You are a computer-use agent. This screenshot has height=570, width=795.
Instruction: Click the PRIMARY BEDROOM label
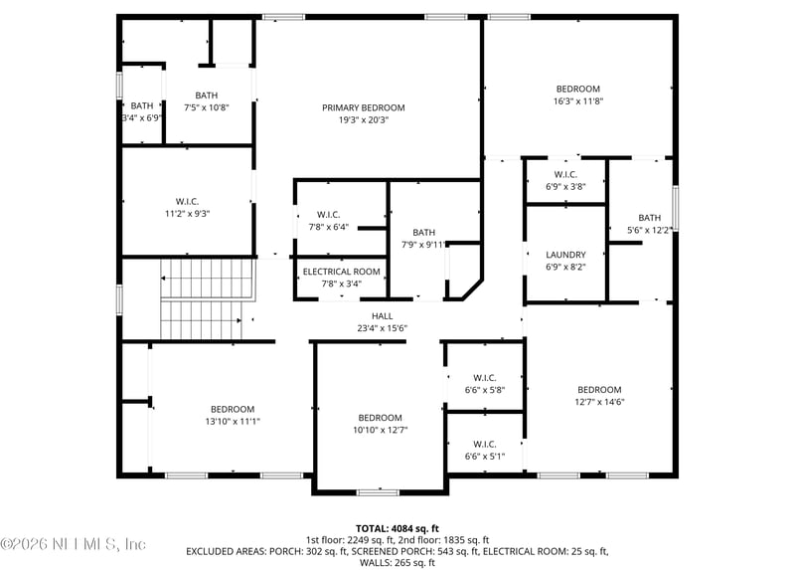tap(363, 107)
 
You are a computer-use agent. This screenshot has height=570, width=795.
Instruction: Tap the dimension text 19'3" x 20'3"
tap(363, 119)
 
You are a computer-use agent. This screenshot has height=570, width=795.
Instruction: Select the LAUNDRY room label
tap(565, 255)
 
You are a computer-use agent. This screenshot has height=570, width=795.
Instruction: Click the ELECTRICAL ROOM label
tap(341, 272)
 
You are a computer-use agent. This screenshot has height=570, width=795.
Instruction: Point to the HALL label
tap(383, 316)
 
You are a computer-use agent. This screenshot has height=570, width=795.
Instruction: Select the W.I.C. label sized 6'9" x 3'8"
tap(565, 175)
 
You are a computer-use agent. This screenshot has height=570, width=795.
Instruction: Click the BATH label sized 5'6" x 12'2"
tap(649, 218)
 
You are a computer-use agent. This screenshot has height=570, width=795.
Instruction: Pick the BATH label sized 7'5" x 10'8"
tap(206, 95)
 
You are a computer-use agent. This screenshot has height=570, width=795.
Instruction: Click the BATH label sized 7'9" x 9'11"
tap(424, 232)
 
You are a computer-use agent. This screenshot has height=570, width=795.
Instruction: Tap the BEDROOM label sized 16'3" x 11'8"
tap(577, 89)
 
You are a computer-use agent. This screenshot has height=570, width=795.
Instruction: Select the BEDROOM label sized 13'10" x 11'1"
tap(232, 409)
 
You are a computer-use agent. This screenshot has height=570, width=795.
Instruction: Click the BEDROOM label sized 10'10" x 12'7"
tap(380, 418)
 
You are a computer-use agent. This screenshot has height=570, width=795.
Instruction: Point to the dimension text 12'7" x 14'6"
tap(599, 402)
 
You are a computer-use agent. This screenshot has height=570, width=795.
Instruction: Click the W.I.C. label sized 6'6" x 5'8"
tap(484, 378)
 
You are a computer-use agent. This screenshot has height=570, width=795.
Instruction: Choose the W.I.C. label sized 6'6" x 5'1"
tap(484, 445)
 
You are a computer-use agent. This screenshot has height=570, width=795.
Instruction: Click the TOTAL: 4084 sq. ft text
tap(397, 528)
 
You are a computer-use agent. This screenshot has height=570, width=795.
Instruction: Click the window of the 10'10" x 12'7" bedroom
tap(378, 491)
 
